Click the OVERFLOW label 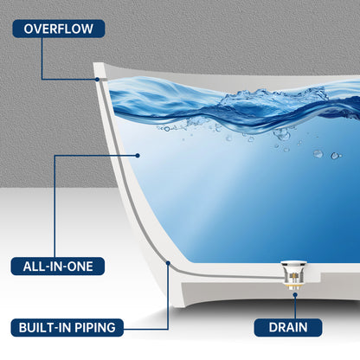tap(59, 29)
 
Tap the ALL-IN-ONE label tap(58, 266)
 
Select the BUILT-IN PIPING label tap(67, 327)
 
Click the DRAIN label tap(288, 327)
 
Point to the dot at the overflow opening tap(98, 80)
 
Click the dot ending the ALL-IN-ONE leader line tap(138, 156)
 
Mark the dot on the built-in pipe tap(168, 263)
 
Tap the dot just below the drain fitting tap(295, 294)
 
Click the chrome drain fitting tap(293, 275)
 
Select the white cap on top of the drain tap(293, 263)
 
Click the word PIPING tap(95, 327)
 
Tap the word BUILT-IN tap(45, 327)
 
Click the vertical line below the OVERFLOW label tap(42, 59)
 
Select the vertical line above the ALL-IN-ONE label tap(55, 206)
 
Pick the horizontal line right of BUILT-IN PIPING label tap(145, 329)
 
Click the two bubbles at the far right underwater tap(327, 155)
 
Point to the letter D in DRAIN tap(273, 327)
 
